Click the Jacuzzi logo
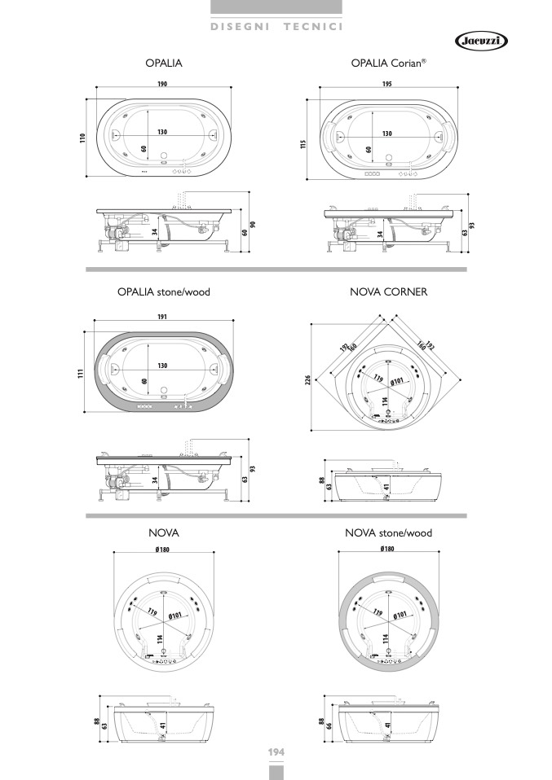pos(481,42)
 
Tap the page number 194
pos(276,752)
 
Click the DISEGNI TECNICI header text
pos(276,27)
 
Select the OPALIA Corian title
pos(389,64)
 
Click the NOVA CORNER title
pos(389,292)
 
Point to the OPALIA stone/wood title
pos(164,292)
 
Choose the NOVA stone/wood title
pos(389,533)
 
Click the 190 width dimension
pos(162,84)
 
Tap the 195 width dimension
pos(386,84)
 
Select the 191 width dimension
pos(162,317)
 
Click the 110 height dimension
pos(82,138)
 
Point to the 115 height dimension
pos(302,144)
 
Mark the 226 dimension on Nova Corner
pos(307,380)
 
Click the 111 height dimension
pos(80,373)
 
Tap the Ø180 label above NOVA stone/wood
pos(387,549)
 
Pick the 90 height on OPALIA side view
pos(253,225)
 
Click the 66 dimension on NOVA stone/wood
pos(329,726)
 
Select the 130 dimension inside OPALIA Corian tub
pos(387,134)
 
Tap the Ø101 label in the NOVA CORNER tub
pos(396,382)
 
